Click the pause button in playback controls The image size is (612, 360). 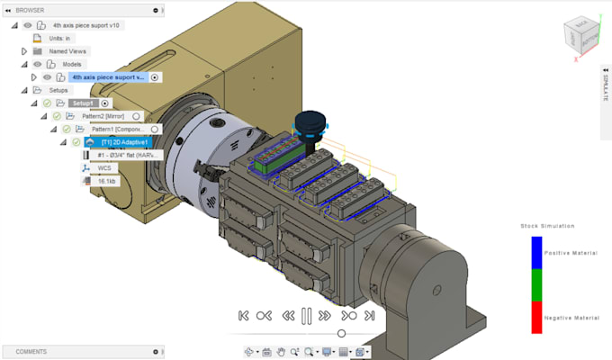(306, 316)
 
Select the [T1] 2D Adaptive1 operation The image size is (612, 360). (124, 142)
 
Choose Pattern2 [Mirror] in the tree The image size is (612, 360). (102, 116)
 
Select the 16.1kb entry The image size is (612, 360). (106, 181)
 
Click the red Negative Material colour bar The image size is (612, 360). (536, 317)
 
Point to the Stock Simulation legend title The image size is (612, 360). (547, 225)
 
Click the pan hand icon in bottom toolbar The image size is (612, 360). (282, 351)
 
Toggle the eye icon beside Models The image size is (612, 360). (38, 65)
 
